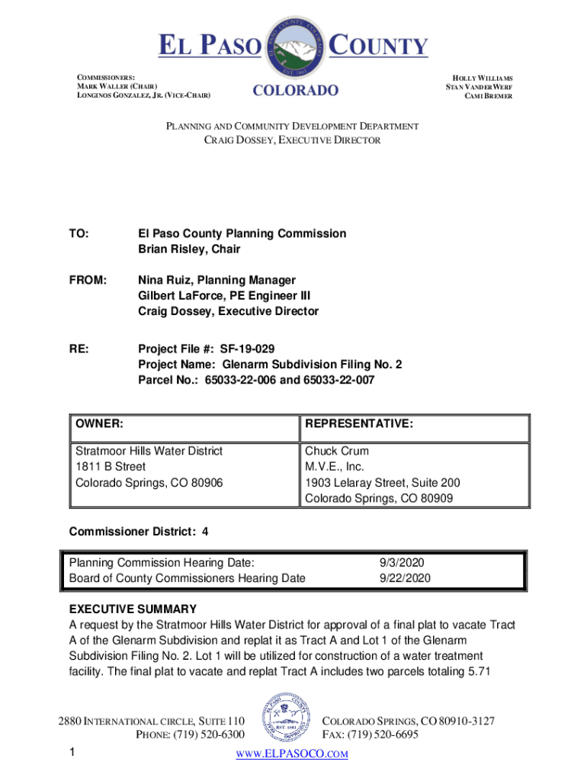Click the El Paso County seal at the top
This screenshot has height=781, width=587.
coord(296,47)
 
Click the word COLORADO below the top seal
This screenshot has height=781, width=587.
coord(295,92)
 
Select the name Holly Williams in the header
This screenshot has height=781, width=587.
coord(483,79)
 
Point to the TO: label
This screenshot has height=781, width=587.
coord(79,233)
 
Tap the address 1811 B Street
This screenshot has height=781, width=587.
coord(110,466)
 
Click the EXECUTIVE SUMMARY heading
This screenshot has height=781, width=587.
coord(133,609)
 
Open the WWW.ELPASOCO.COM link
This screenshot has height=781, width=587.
coord(292,754)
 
